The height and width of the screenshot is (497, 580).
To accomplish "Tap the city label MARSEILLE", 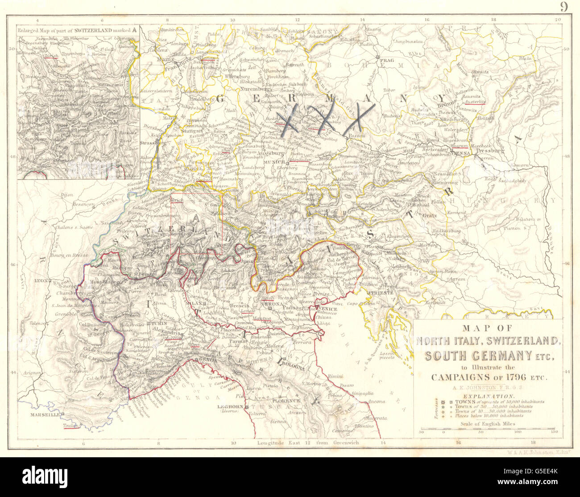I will tap(45, 415).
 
